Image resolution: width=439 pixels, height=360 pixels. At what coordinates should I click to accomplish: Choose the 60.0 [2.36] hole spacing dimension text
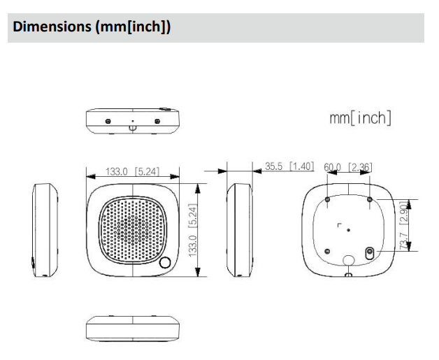point(347,167)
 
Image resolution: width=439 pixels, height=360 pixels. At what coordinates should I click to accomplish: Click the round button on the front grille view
point(166,264)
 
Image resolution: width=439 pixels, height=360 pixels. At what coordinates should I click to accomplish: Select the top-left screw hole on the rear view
point(328,200)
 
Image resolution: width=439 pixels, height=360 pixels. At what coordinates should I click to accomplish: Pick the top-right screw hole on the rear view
point(369,200)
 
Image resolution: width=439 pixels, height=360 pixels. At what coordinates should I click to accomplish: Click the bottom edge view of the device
point(132,328)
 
